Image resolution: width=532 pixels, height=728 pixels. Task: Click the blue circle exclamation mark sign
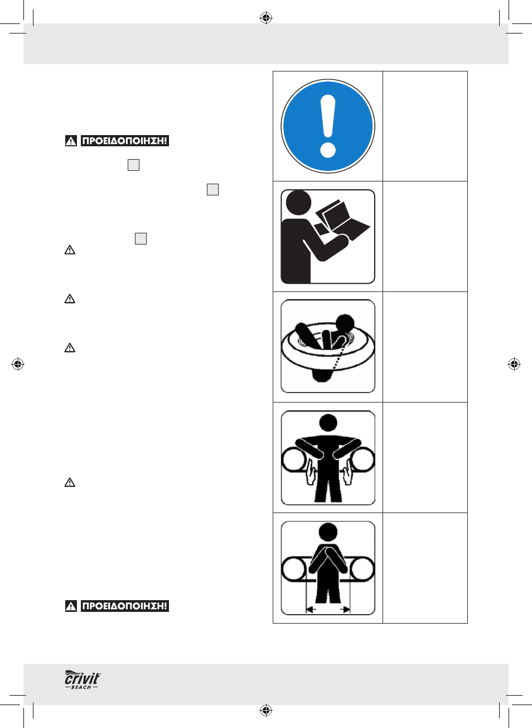[328, 126]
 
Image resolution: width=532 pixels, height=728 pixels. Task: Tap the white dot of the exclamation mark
[328, 151]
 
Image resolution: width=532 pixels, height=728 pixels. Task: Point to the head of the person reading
[298, 202]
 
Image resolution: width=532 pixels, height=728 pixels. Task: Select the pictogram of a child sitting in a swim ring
[328, 346]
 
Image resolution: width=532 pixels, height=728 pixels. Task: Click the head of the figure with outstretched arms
[328, 423]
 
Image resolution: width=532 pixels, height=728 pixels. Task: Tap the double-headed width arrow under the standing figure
[328, 609]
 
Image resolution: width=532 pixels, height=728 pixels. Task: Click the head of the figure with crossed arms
[328, 532]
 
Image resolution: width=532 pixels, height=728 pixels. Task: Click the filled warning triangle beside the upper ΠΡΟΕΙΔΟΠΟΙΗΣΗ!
[71, 141]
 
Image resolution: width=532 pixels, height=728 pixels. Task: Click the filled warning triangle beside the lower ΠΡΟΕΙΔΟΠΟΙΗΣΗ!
[71, 606]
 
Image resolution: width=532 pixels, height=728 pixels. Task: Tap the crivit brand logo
[83, 679]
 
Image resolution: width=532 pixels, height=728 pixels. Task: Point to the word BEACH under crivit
[81, 687]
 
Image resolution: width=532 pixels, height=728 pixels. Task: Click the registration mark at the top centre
[266, 18]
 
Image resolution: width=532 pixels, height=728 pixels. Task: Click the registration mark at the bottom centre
[266, 711]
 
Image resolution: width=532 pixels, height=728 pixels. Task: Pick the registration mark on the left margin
[18, 364]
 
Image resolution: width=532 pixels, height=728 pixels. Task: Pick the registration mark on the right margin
[514, 364]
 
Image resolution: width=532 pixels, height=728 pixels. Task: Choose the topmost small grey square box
[133, 165]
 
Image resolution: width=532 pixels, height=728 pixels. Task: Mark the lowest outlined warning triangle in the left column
[70, 482]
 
